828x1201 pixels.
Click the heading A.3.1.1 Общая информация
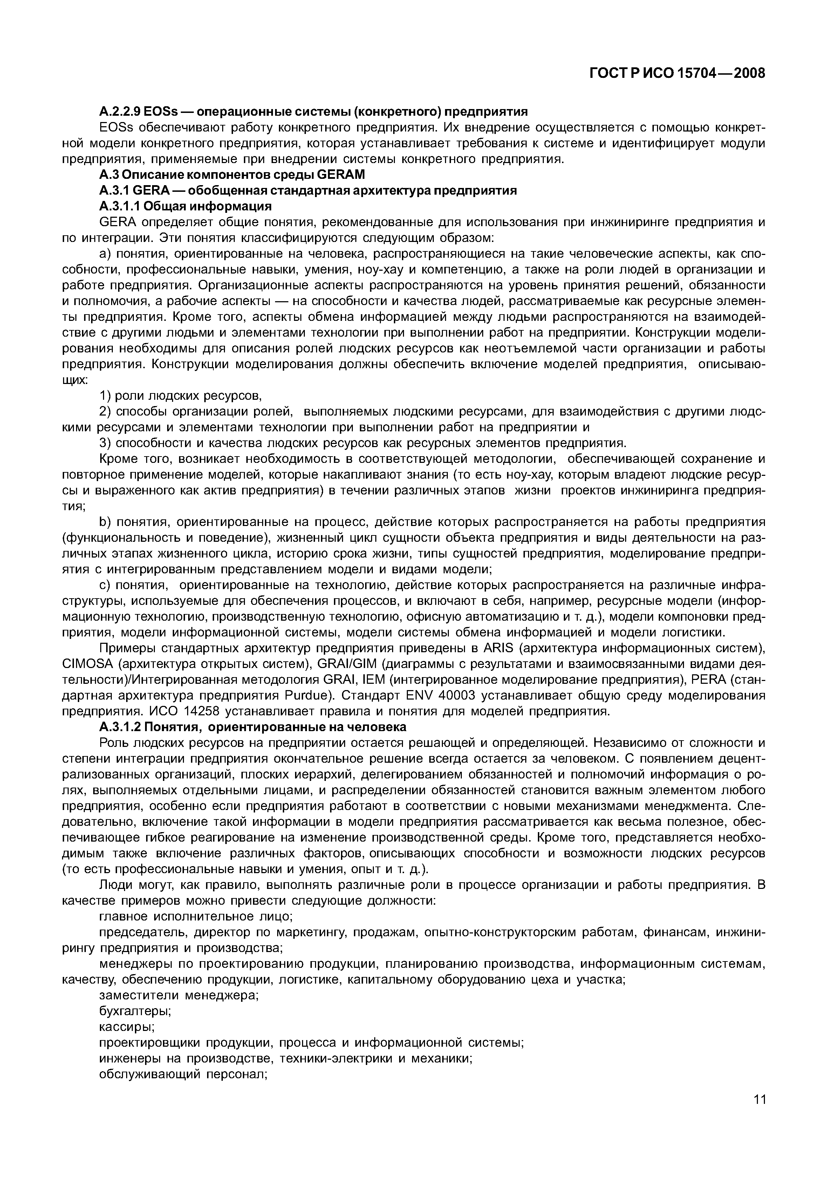pos(185,207)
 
